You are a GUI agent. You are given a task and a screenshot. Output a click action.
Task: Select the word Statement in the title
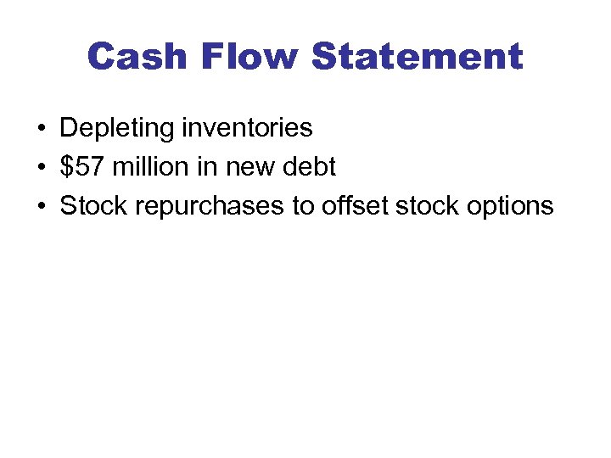(x=417, y=57)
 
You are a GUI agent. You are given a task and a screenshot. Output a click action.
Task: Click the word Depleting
(x=115, y=129)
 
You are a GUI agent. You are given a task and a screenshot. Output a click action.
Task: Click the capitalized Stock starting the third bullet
(x=90, y=206)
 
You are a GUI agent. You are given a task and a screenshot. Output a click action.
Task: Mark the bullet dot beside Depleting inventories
(x=41, y=129)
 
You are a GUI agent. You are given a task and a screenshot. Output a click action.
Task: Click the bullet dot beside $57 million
(x=41, y=168)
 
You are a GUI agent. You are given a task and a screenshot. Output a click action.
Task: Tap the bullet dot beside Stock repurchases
(x=41, y=207)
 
